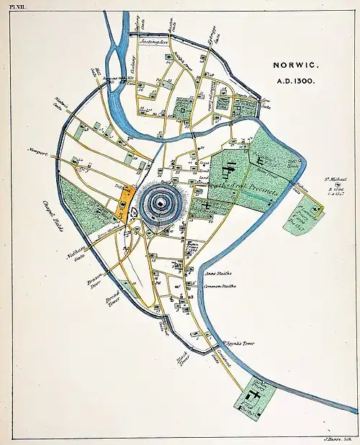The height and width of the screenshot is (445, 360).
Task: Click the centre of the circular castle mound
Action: (158, 204)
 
